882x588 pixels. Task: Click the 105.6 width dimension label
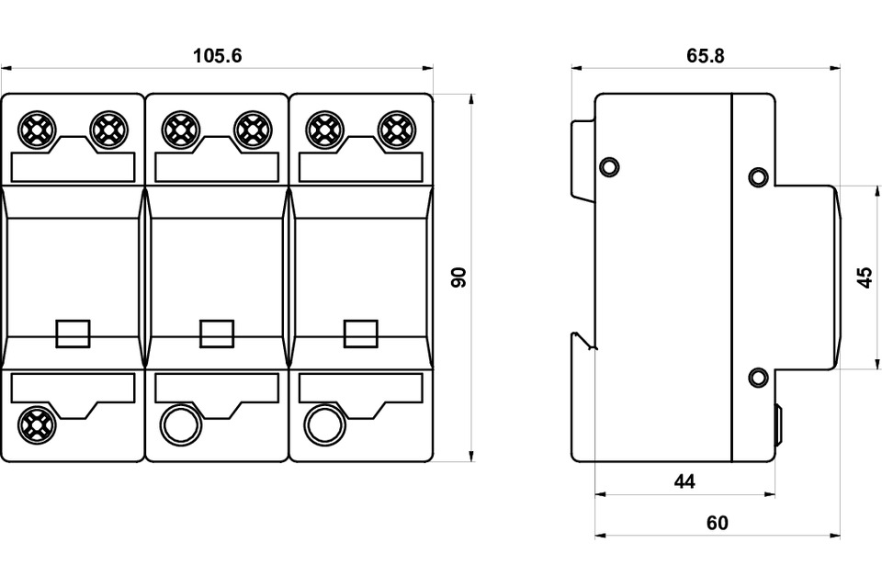coord(217,56)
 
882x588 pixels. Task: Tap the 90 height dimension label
coord(459,277)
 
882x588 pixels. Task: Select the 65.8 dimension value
coord(706,56)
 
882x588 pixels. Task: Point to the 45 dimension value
coord(866,277)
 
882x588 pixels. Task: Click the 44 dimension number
coord(684,481)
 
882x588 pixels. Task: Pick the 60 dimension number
coord(718,523)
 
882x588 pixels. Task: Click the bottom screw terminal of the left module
coord(37,424)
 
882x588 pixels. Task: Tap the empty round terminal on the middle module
coord(181,424)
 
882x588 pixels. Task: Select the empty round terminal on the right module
coord(324,424)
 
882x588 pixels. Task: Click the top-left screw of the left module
coord(37,130)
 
